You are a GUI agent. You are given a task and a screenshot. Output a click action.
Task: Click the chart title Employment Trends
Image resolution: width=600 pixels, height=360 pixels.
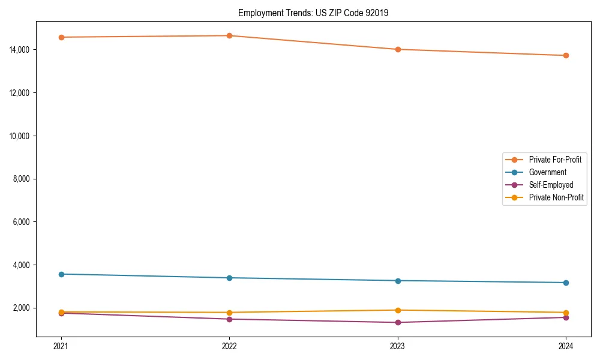tap(313, 13)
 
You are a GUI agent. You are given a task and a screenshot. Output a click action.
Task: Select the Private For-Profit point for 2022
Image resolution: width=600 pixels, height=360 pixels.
tap(229, 35)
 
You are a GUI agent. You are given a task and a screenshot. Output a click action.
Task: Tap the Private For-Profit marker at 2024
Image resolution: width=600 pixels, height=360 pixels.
tap(566, 55)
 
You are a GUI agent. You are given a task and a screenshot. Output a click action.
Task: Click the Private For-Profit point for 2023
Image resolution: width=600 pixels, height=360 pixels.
tap(398, 49)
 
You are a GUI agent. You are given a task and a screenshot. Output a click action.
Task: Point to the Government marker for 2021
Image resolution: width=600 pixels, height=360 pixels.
tap(61, 274)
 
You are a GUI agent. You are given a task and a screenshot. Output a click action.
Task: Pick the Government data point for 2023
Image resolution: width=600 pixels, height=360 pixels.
tap(398, 281)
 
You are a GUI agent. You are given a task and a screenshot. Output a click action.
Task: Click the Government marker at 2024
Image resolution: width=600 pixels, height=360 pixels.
tap(566, 283)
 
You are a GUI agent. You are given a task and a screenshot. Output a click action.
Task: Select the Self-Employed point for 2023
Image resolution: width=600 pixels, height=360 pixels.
tap(398, 322)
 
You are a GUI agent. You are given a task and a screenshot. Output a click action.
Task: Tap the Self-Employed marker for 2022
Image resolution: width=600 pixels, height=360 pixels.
tap(229, 319)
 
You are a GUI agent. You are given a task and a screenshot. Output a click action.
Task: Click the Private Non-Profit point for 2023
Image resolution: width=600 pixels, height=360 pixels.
tap(398, 310)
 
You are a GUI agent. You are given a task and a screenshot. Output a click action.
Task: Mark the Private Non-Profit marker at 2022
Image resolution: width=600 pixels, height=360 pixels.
tap(229, 313)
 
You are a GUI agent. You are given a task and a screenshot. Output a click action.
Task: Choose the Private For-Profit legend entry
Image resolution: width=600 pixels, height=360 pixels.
tap(555, 160)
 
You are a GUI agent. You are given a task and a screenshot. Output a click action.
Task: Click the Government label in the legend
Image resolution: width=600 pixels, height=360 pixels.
tap(547, 172)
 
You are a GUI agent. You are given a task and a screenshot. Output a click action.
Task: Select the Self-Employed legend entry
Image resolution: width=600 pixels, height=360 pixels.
tap(551, 185)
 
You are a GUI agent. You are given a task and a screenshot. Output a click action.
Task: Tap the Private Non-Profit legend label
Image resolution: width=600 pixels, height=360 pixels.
tap(556, 197)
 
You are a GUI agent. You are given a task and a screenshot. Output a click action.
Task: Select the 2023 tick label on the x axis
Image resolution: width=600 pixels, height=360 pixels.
tap(398, 346)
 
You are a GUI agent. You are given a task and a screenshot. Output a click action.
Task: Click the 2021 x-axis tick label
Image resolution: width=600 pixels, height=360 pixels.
tap(61, 346)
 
